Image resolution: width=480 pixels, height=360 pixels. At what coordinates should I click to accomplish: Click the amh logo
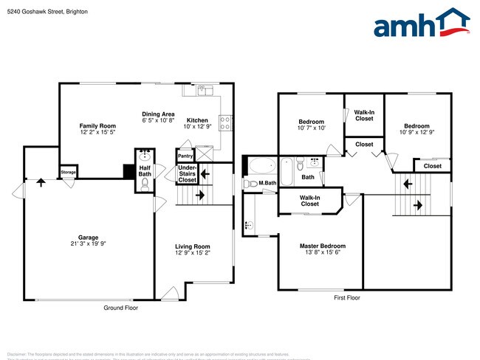click(x=421, y=24)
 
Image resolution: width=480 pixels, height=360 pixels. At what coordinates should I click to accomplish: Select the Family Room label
click(x=97, y=126)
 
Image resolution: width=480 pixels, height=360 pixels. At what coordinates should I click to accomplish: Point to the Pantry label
click(x=185, y=156)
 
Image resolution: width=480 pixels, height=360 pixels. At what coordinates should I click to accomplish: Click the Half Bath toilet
click(x=145, y=183)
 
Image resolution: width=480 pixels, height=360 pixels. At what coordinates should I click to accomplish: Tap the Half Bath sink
click(x=145, y=156)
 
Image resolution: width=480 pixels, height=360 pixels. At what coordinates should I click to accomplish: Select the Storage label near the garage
click(x=68, y=173)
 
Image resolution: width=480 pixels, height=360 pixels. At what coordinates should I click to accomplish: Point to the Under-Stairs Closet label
click(x=188, y=173)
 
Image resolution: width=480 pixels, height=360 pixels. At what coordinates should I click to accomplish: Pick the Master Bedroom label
click(x=322, y=246)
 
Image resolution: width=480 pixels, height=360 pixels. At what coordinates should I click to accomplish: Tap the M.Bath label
click(x=267, y=183)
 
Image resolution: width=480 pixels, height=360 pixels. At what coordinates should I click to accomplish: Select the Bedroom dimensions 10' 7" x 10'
click(x=311, y=128)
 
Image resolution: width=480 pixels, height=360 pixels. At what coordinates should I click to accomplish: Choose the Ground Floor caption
click(x=120, y=308)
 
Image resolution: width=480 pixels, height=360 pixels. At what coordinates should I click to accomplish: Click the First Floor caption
click(x=347, y=298)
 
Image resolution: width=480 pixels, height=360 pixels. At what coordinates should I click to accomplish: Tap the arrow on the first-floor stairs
click(x=418, y=204)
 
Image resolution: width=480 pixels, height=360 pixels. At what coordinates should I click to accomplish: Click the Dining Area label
click(x=158, y=114)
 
